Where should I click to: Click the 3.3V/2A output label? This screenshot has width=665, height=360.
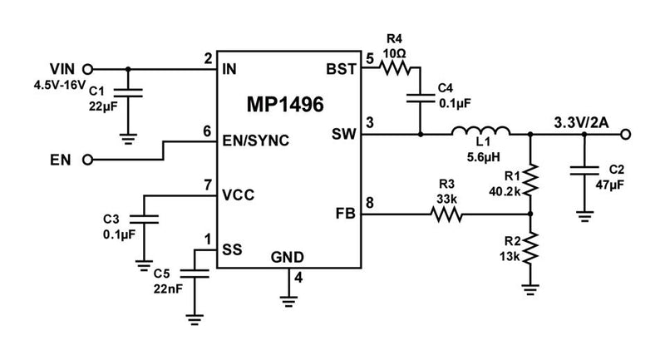click(x=581, y=123)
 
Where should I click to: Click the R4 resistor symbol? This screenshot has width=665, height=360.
click(x=394, y=71)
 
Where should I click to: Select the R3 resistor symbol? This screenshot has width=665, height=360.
click(x=446, y=215)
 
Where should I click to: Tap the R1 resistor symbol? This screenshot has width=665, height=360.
click(x=530, y=180)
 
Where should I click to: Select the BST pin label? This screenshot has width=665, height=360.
click(x=342, y=69)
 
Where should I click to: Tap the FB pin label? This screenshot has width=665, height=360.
click(x=346, y=215)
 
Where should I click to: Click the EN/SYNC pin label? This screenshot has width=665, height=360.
click(x=256, y=141)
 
